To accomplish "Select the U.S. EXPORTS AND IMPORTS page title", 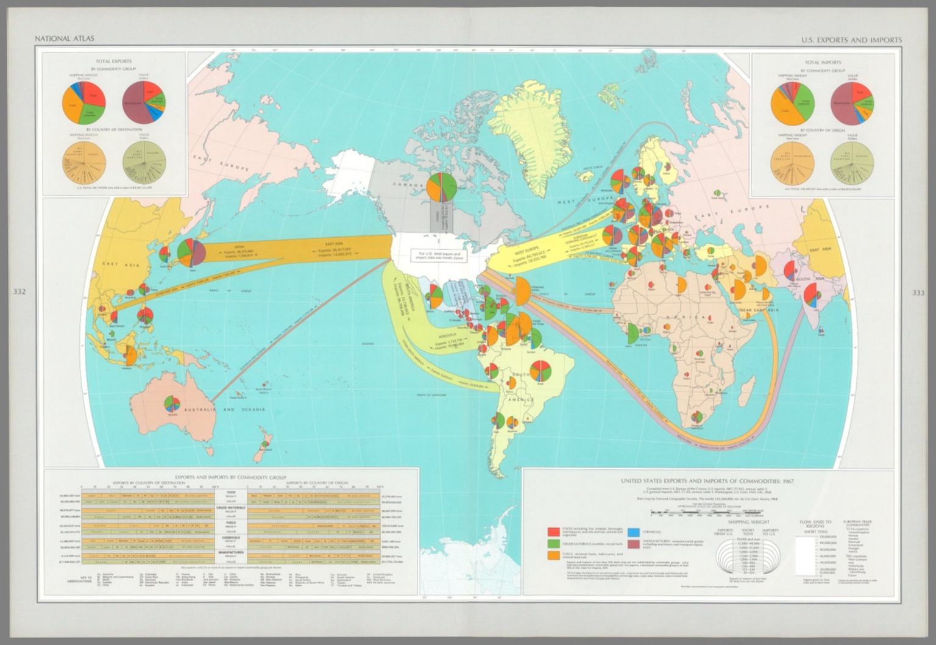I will [x=851, y=40].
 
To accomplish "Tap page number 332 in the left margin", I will [x=20, y=292].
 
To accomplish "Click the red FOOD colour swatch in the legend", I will [x=553, y=532].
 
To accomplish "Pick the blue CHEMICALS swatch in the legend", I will [x=633, y=532].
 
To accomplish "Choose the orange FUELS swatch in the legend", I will [x=553, y=555].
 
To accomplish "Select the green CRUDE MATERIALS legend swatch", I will [x=553, y=544].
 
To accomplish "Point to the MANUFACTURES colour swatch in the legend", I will [x=633, y=543].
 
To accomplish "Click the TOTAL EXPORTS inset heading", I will [x=113, y=61].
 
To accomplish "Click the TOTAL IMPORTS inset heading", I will [x=823, y=62].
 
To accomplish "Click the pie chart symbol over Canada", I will [x=442, y=185].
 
